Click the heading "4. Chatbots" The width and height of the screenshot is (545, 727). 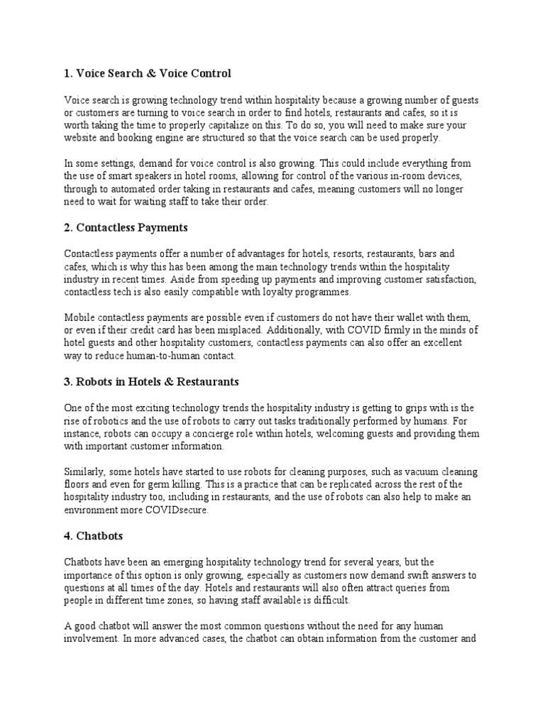[94, 536]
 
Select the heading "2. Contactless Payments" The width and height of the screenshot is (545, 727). [126, 228]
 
